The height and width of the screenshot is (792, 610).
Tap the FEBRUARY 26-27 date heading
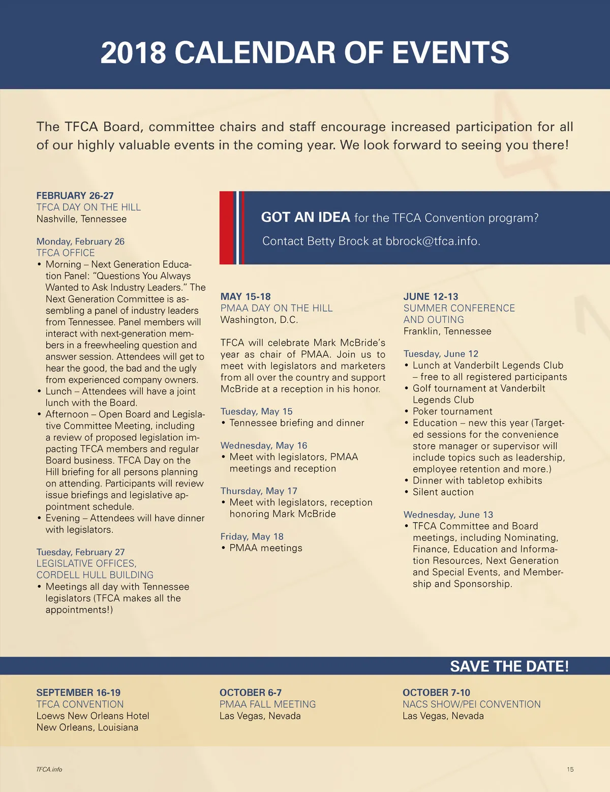[75, 196]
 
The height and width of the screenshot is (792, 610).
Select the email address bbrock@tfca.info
[432, 241]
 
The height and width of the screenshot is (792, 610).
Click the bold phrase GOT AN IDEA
[305, 218]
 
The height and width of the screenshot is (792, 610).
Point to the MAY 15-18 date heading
[246, 297]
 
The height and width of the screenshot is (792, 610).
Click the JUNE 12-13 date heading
[431, 297]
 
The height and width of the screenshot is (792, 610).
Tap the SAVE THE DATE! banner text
[509, 666]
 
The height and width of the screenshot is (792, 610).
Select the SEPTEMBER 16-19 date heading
[78, 693]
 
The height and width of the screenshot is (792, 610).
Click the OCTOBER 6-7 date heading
[250, 693]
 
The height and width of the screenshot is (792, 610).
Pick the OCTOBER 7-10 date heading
[436, 693]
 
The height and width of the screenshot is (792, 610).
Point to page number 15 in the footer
[570, 770]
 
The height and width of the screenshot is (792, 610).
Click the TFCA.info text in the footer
[49, 770]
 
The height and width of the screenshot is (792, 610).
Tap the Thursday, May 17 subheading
[259, 491]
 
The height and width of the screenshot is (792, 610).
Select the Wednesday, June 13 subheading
[448, 515]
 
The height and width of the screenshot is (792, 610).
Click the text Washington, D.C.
[259, 320]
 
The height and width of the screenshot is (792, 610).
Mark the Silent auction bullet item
[443, 492]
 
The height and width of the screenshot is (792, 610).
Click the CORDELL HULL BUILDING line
[95, 575]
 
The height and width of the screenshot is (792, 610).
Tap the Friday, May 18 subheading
[252, 537]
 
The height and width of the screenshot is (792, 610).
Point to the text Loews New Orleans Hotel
[93, 716]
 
